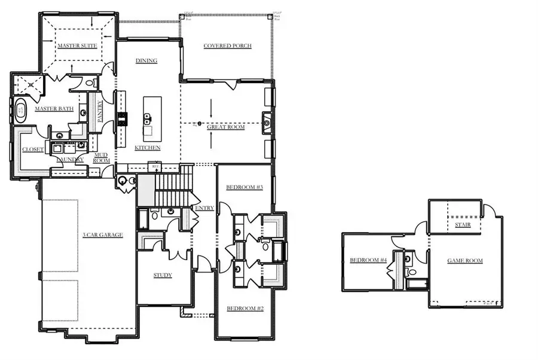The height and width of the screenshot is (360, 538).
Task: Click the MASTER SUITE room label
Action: (x=77, y=45)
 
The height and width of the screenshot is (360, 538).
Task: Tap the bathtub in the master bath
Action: (x=20, y=110)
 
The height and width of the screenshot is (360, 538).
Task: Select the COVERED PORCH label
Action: (x=227, y=45)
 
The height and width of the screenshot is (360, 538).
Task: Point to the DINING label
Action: (x=146, y=60)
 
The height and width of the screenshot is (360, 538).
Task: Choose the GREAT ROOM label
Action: (x=226, y=127)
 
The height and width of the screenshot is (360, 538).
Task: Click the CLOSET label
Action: (x=33, y=150)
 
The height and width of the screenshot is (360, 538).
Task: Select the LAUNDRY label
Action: (x=70, y=160)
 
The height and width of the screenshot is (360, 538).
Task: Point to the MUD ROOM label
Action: (x=101, y=157)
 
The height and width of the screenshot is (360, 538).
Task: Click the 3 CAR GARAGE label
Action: (x=103, y=235)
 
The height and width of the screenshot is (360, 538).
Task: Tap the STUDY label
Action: (x=163, y=275)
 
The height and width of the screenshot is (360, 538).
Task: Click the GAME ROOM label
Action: (x=465, y=261)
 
